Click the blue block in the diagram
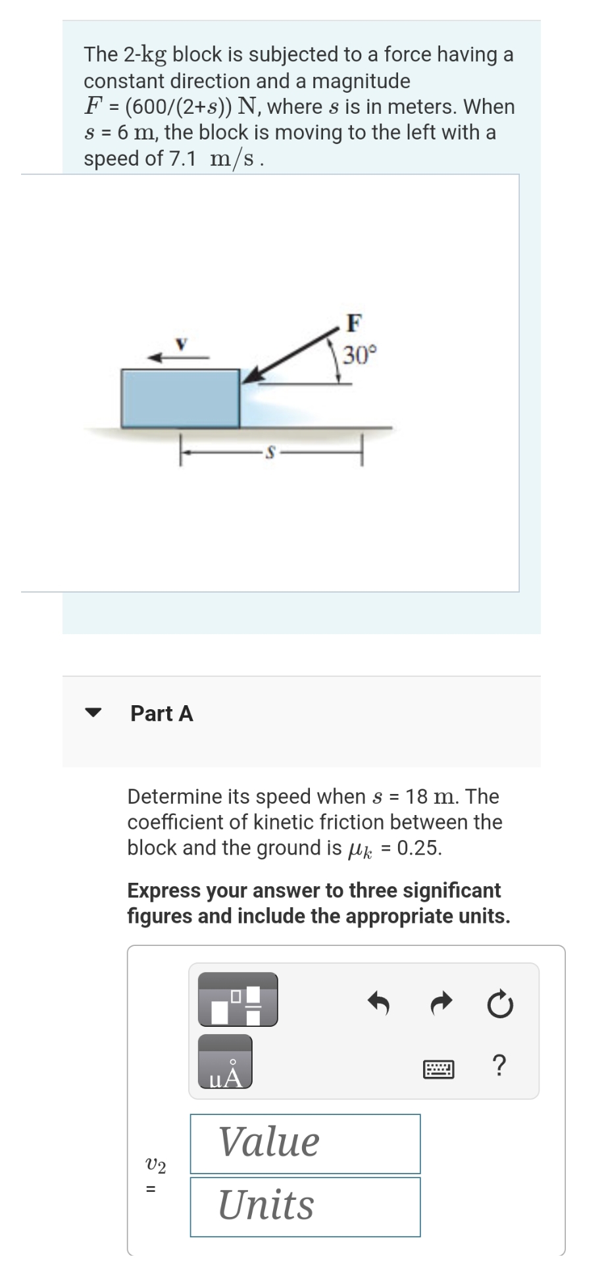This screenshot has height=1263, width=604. coord(180,399)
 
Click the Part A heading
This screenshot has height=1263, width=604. coord(162,713)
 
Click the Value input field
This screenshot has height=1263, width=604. coord(305,1143)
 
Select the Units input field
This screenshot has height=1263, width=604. coord(305,1206)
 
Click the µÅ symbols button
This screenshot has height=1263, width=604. coord(225,1062)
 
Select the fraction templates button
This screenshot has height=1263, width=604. coord(238,999)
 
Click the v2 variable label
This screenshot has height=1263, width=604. coord(155,1166)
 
